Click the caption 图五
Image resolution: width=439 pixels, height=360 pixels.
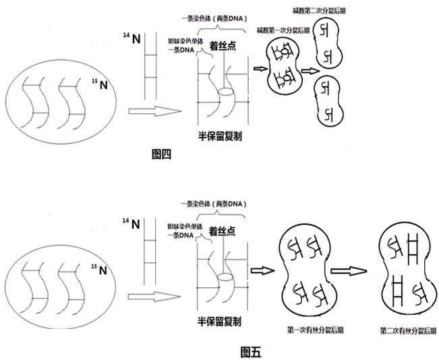pyautogui.click(x=251, y=351)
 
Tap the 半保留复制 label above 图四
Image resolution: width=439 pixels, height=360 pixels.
pyautogui.click(x=221, y=136)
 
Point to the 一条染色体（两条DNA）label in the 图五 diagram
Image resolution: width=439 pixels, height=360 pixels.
pyautogui.click(x=215, y=204)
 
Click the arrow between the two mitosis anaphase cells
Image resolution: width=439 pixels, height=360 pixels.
pyautogui.click(x=350, y=272)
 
